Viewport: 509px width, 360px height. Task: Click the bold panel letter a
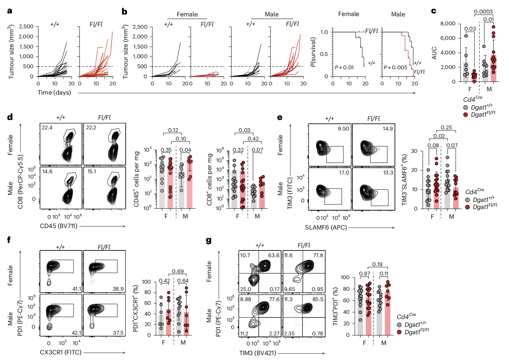point(10,11)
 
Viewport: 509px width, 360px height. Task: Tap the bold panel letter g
point(209,240)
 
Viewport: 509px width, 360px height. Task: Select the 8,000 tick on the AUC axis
point(447,23)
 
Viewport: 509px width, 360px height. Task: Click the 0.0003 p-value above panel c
point(483,12)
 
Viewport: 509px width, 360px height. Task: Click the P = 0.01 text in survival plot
point(344,67)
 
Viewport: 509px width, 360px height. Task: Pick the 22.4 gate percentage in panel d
point(47,127)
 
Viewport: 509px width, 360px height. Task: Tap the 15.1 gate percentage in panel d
point(92,171)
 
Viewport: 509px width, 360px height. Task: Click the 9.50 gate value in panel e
point(343,129)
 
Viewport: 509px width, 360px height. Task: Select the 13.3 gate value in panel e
point(388,173)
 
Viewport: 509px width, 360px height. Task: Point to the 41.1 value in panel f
point(76,289)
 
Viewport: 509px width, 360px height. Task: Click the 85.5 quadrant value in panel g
point(318,299)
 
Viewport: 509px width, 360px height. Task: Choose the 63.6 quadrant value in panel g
point(274,255)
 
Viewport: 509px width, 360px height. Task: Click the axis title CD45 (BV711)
point(59,226)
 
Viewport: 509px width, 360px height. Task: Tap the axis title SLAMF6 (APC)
point(326,227)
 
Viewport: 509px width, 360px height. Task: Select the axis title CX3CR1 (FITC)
point(60,352)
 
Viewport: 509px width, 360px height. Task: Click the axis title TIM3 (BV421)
point(258,353)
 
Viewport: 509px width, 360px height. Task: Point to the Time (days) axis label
point(54,92)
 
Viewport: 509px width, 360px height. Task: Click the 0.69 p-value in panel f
point(178,271)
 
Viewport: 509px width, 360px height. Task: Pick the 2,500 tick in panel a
point(26,26)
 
